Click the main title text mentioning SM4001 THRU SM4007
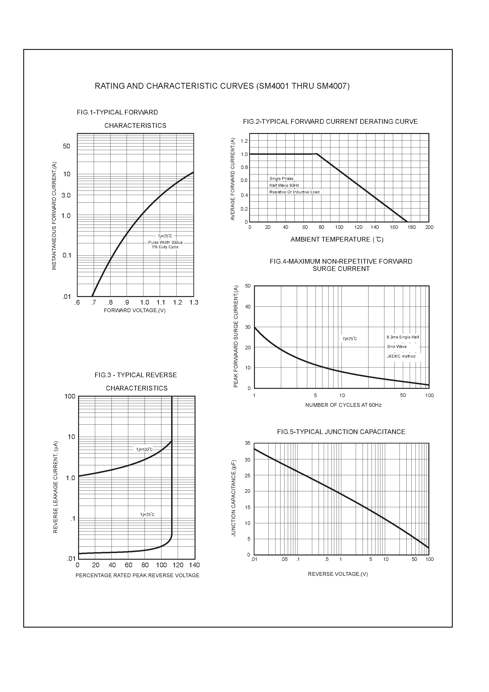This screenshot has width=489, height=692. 222,86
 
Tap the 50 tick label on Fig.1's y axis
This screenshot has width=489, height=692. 66,146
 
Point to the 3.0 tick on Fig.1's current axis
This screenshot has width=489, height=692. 66,195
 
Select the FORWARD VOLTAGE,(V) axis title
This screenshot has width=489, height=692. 134,311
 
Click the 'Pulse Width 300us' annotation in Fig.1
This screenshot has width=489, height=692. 165,242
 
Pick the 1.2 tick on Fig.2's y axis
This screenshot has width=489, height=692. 244,141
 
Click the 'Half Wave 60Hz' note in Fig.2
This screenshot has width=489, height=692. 284,185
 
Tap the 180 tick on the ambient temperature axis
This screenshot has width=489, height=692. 412,227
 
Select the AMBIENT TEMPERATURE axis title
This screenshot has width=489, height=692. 337,240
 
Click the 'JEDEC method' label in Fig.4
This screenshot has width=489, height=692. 401,356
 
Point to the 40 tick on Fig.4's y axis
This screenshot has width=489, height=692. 248,307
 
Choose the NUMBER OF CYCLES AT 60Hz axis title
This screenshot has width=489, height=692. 343,405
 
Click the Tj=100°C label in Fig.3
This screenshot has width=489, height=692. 144,449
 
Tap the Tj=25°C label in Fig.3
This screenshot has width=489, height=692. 147,515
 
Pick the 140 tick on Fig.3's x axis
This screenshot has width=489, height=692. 195,565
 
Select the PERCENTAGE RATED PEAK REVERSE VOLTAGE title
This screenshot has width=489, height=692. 137,575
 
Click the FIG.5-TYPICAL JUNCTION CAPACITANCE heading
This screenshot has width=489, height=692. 341,432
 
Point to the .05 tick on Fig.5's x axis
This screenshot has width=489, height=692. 284,559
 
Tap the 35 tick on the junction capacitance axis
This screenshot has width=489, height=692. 248,443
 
